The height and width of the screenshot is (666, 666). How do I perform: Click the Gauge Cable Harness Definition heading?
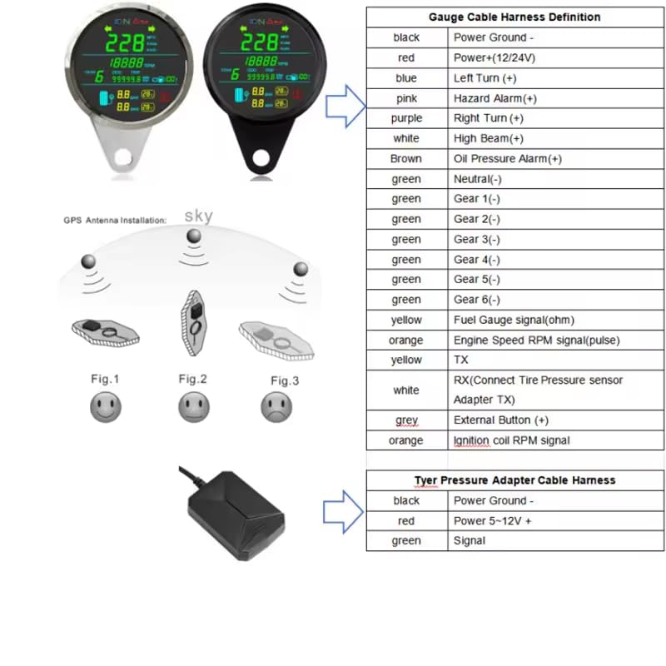pyautogui.click(x=514, y=17)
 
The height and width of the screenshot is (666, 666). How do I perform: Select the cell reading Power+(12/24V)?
pyautogui.click(x=495, y=57)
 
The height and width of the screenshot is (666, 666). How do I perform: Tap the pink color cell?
pyautogui.click(x=406, y=98)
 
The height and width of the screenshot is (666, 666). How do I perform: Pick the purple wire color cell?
pyautogui.click(x=406, y=118)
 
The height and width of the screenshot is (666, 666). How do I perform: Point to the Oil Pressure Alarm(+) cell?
pyautogui.click(x=507, y=158)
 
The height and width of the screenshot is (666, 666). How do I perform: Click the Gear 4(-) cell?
pyautogui.click(x=477, y=259)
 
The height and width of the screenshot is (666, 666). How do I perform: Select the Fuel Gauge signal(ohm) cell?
pyautogui.click(x=514, y=320)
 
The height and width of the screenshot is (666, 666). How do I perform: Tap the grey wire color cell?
pyautogui.click(x=406, y=420)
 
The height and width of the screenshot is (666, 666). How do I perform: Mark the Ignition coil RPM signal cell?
pyautogui.click(x=511, y=440)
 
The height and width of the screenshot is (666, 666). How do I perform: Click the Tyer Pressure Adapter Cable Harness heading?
pyautogui.click(x=514, y=480)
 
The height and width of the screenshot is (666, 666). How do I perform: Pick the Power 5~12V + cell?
pyautogui.click(x=493, y=521)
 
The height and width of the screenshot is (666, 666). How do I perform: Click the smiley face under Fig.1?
pyautogui.click(x=106, y=407)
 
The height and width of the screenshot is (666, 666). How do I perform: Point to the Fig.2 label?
pyautogui.click(x=192, y=379)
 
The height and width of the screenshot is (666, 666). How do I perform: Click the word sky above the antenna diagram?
pyautogui.click(x=198, y=216)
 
